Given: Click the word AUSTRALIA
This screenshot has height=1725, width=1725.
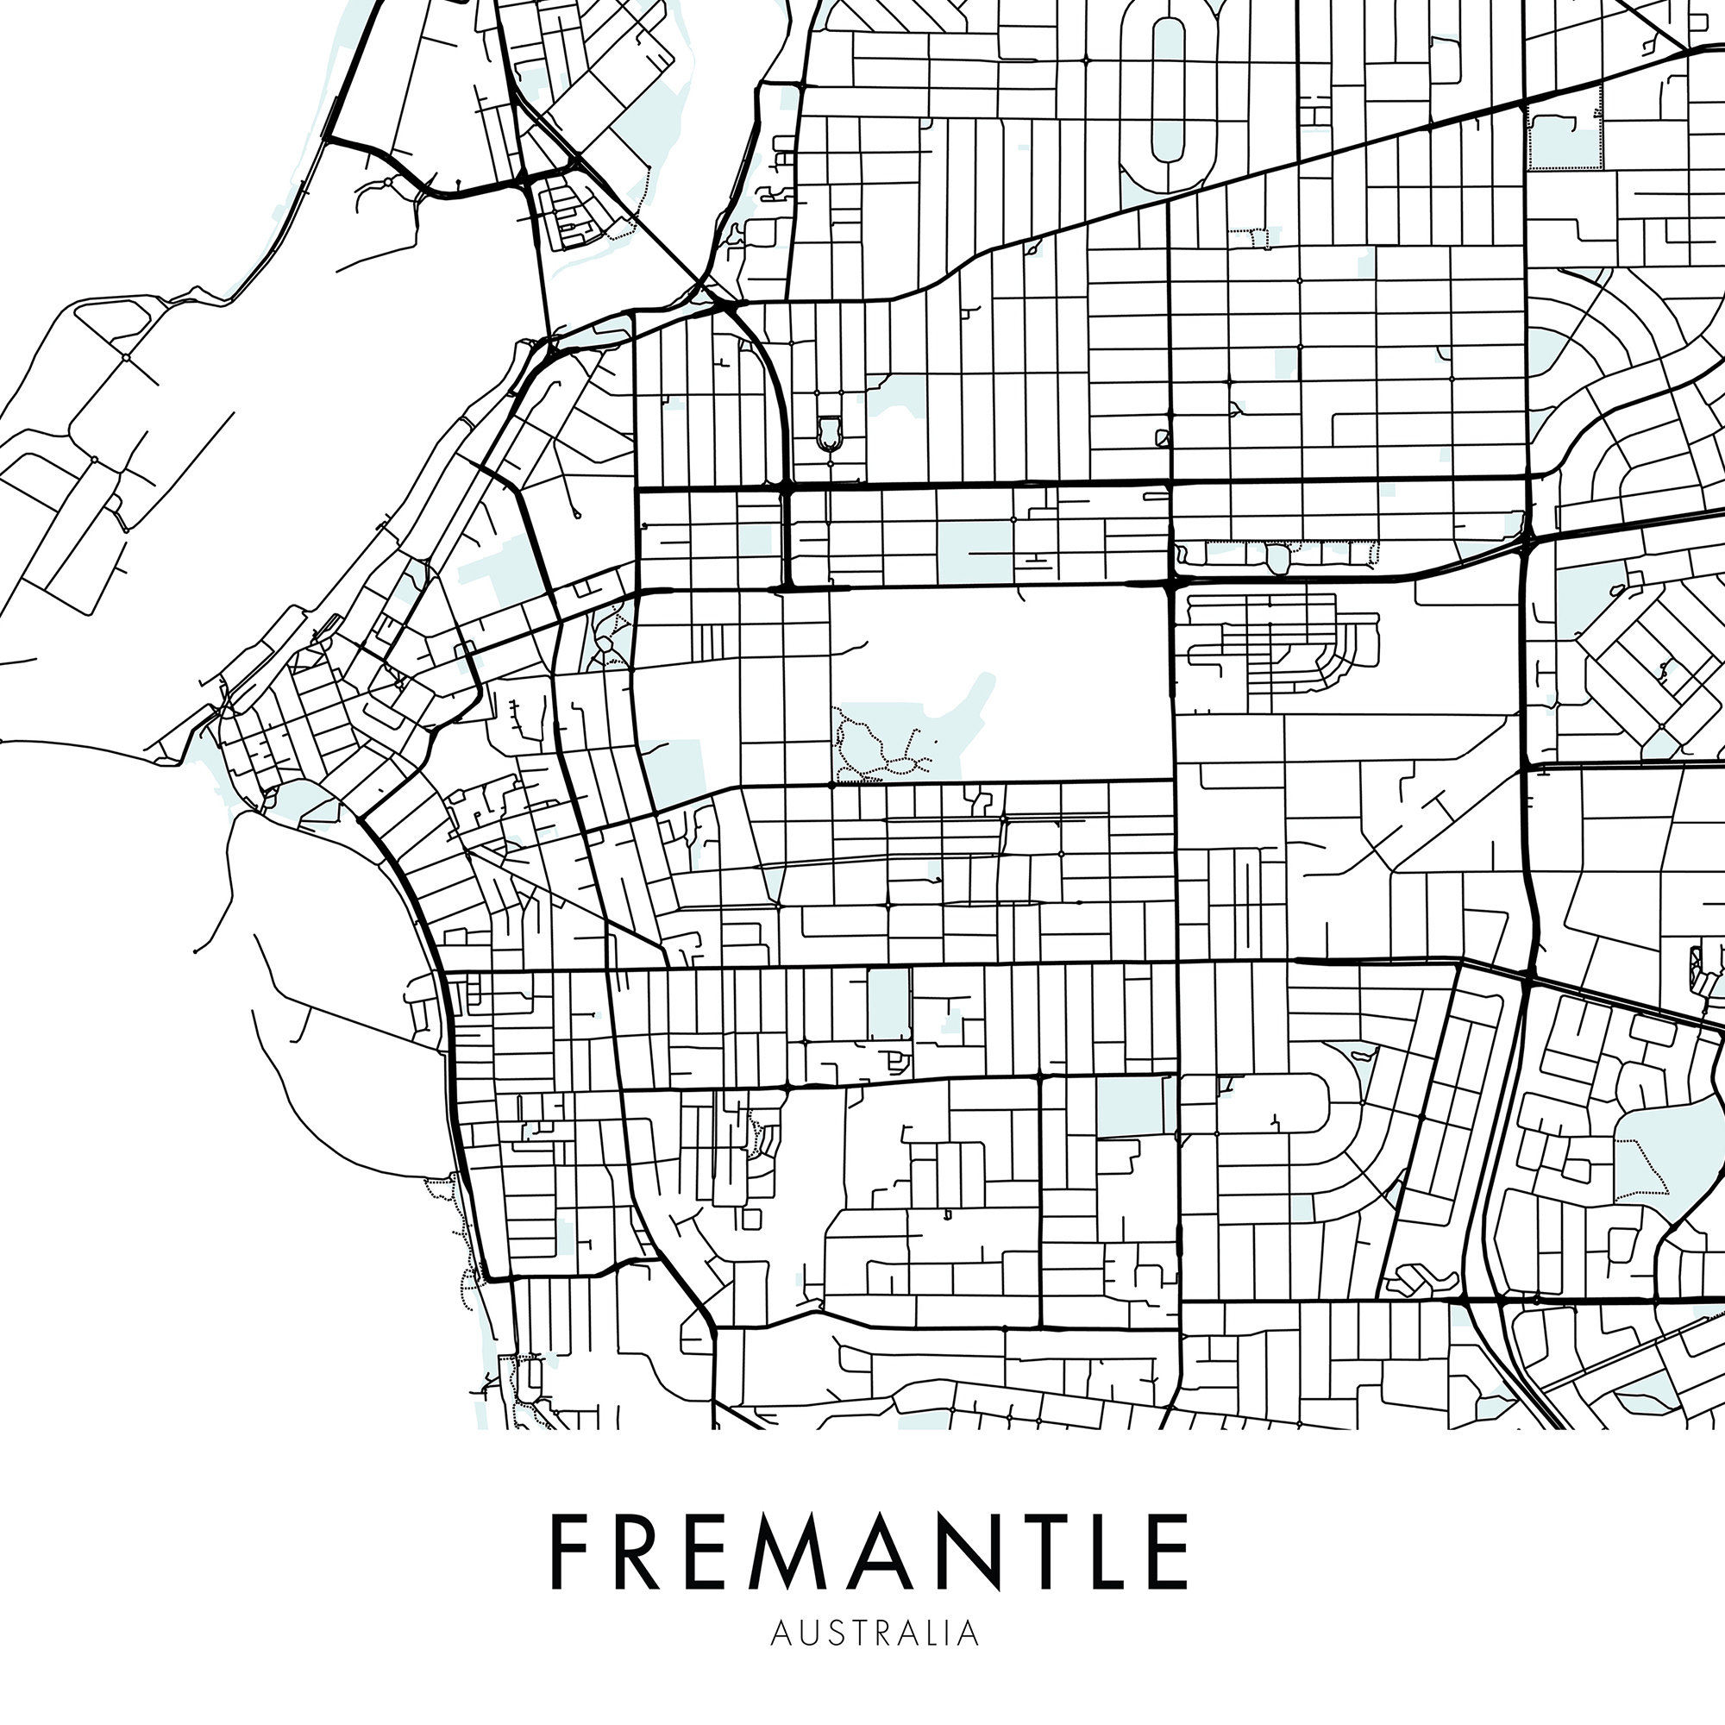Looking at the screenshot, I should pyautogui.click(x=875, y=1632).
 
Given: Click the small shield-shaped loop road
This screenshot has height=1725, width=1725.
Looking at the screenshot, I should pyautogui.click(x=829, y=432).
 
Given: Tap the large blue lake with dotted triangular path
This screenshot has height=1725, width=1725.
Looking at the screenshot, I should pyautogui.click(x=1641, y=1151).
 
